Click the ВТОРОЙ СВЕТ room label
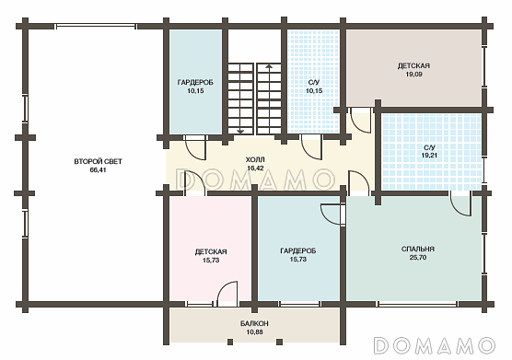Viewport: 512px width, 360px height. click(x=98, y=161)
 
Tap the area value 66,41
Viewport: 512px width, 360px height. click(x=98, y=170)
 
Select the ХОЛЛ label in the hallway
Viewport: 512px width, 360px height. click(x=255, y=159)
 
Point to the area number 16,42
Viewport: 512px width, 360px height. click(x=255, y=168)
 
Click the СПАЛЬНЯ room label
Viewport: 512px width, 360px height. click(x=418, y=249)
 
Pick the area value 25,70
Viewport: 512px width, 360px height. click(x=418, y=258)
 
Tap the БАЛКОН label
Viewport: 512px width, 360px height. click(x=254, y=323)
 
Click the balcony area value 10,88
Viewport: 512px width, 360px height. click(x=255, y=332)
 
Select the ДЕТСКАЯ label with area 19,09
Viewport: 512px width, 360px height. click(x=413, y=66)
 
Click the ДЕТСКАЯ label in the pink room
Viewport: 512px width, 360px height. click(x=211, y=252)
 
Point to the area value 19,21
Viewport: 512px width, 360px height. click(x=429, y=156)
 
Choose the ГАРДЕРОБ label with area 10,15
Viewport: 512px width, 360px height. click(x=195, y=83)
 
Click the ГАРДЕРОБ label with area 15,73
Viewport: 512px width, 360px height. click(x=298, y=251)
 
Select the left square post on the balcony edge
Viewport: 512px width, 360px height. click(x=230, y=342)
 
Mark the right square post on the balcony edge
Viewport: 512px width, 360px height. click(x=280, y=342)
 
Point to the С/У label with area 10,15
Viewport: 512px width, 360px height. click(x=314, y=83)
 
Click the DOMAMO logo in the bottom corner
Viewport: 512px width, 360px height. click(x=435, y=345)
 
